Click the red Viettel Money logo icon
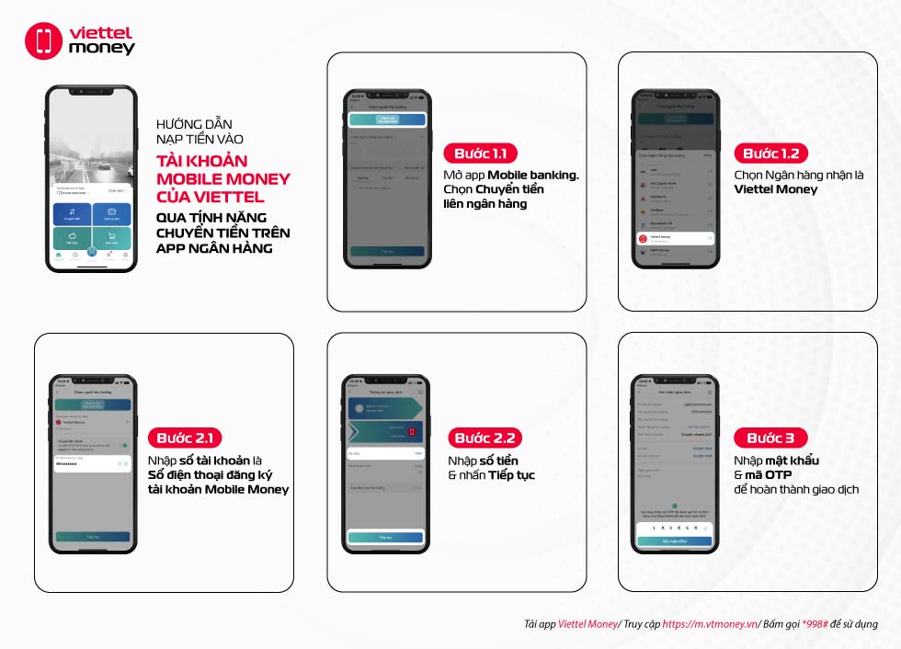[43, 41]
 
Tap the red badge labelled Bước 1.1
[480, 154]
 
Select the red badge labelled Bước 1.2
[770, 154]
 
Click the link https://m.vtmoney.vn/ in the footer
[710, 624]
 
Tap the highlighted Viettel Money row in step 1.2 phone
[675, 237]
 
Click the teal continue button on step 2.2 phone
[385, 537]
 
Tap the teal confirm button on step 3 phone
[675, 541]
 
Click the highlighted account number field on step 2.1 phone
[93, 462]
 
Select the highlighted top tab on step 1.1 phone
[387, 120]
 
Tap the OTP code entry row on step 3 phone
[675, 528]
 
